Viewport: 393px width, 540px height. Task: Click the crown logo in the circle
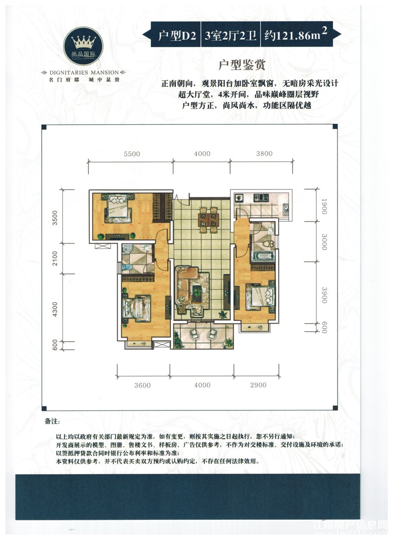84,42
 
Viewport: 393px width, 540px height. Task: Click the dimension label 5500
132,154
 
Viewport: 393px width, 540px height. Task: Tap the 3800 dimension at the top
264,154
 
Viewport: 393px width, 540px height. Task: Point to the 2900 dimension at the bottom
258,385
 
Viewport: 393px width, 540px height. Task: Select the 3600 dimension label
142,385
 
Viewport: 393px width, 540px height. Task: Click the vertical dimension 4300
55,309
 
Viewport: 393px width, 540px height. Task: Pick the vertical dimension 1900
324,206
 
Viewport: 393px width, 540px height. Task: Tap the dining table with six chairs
209,220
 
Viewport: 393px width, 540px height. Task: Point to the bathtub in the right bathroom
263,256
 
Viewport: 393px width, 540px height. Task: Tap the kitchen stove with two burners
261,198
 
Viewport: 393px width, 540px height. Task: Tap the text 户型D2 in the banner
177,35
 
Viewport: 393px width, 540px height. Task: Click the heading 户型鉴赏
242,65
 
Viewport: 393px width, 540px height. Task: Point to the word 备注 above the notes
52,422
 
